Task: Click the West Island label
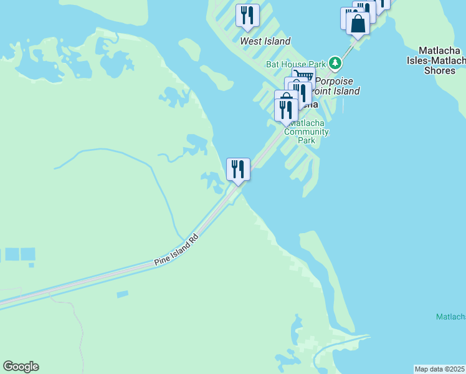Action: (x=265, y=41)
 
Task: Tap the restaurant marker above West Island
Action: (x=247, y=15)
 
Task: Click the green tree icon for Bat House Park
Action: (x=335, y=62)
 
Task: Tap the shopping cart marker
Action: (x=303, y=77)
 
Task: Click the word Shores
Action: (x=439, y=70)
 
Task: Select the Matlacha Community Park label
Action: (x=306, y=132)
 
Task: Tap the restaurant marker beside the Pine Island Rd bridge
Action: (x=237, y=169)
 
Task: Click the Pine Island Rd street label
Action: (x=177, y=251)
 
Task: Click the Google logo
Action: (x=21, y=367)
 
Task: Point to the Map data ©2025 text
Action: (x=439, y=369)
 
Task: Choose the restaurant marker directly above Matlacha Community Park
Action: (x=286, y=110)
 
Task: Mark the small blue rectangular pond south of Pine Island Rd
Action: (x=122, y=294)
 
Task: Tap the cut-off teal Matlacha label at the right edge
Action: (x=450, y=317)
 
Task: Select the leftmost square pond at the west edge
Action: (x=12, y=254)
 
